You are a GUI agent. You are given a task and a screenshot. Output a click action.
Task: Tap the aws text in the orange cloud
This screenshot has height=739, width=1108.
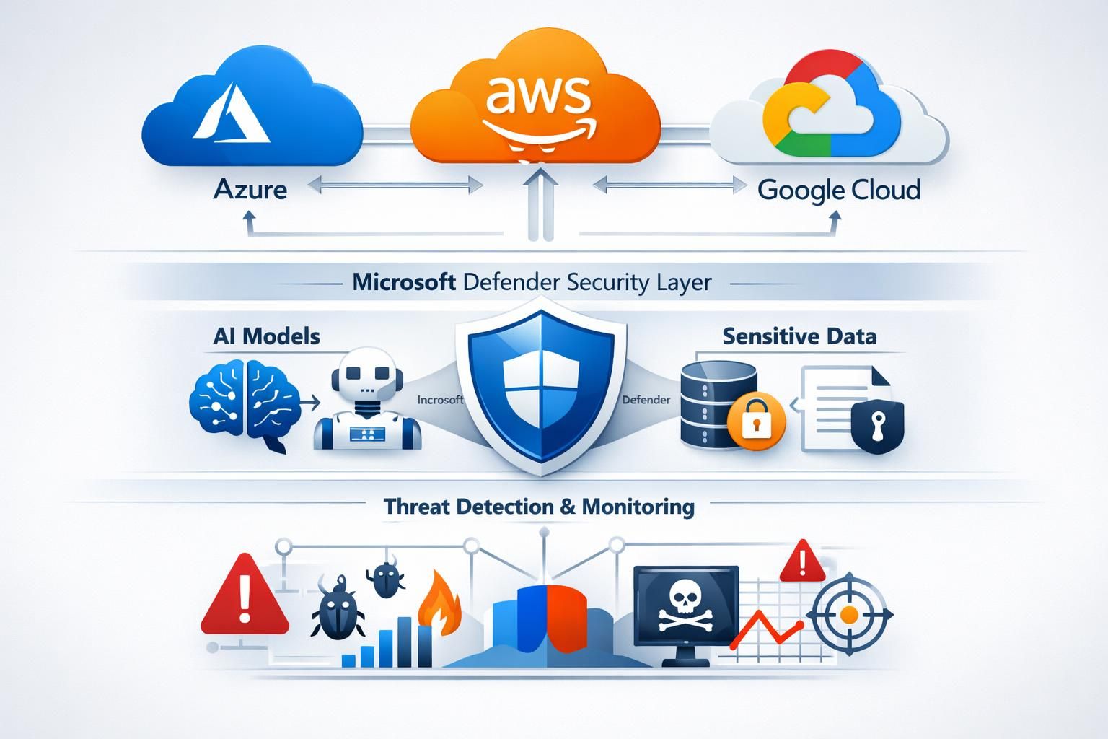(537, 95)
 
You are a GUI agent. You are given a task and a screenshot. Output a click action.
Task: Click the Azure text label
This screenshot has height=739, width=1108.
(250, 190)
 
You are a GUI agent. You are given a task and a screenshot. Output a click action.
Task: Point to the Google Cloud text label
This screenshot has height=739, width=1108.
(839, 190)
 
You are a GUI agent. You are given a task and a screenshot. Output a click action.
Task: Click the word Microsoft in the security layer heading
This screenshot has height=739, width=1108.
(404, 281)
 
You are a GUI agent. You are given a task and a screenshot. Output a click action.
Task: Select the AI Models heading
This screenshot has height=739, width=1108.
(266, 336)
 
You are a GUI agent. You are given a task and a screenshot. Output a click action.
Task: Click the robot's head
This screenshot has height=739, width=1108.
(366, 375)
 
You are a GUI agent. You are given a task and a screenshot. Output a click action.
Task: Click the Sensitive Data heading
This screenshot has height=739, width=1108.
(799, 336)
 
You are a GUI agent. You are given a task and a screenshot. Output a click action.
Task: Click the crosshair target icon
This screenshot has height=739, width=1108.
(850, 614)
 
